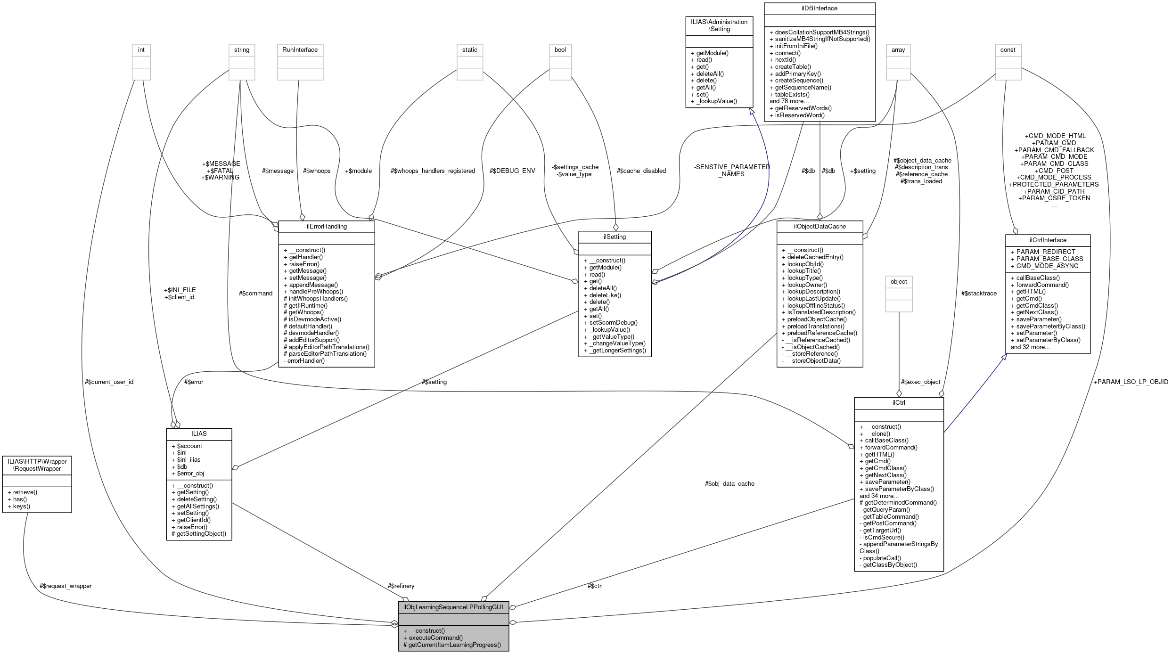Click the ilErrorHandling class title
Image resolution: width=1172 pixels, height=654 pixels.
point(326,226)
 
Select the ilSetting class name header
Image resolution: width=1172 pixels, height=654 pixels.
point(615,237)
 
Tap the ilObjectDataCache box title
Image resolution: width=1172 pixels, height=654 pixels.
point(820,226)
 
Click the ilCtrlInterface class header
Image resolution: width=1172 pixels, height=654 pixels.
point(1047,240)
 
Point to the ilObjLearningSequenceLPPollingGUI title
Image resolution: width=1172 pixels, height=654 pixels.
point(453,607)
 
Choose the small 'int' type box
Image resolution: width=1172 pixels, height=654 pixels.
point(141,49)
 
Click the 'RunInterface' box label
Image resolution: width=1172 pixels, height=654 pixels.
point(300,49)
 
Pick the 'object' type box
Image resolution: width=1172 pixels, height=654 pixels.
point(898,281)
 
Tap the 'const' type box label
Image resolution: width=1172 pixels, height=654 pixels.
point(1008,49)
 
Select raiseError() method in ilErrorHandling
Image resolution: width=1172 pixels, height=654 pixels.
point(304,264)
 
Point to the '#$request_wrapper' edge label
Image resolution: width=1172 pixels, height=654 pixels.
point(66,586)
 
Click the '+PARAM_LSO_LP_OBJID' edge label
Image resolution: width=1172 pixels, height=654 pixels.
point(1131,382)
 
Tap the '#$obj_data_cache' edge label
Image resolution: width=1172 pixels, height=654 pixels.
point(729,483)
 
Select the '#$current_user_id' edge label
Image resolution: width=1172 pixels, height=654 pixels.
point(109,382)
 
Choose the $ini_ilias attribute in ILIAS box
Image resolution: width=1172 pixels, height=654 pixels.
point(189,459)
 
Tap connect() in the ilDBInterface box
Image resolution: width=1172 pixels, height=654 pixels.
point(787,53)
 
